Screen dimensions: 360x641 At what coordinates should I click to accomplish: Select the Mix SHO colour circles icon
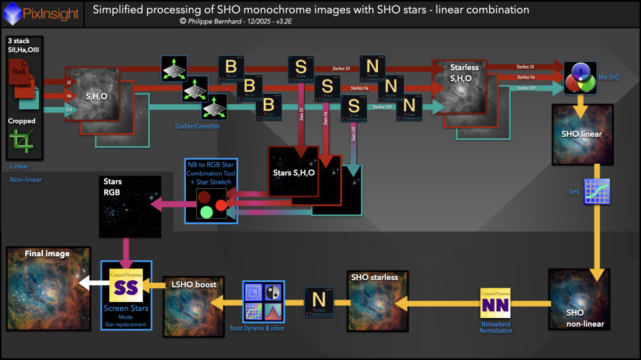point(580,77)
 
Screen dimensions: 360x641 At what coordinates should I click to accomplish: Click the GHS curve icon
point(598,191)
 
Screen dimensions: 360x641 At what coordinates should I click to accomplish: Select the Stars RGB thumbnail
point(130,207)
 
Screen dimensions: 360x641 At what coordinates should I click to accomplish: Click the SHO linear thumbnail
point(583,134)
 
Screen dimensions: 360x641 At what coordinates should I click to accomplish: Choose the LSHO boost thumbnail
point(193,306)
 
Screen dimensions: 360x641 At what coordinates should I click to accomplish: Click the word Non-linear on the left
point(26,180)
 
